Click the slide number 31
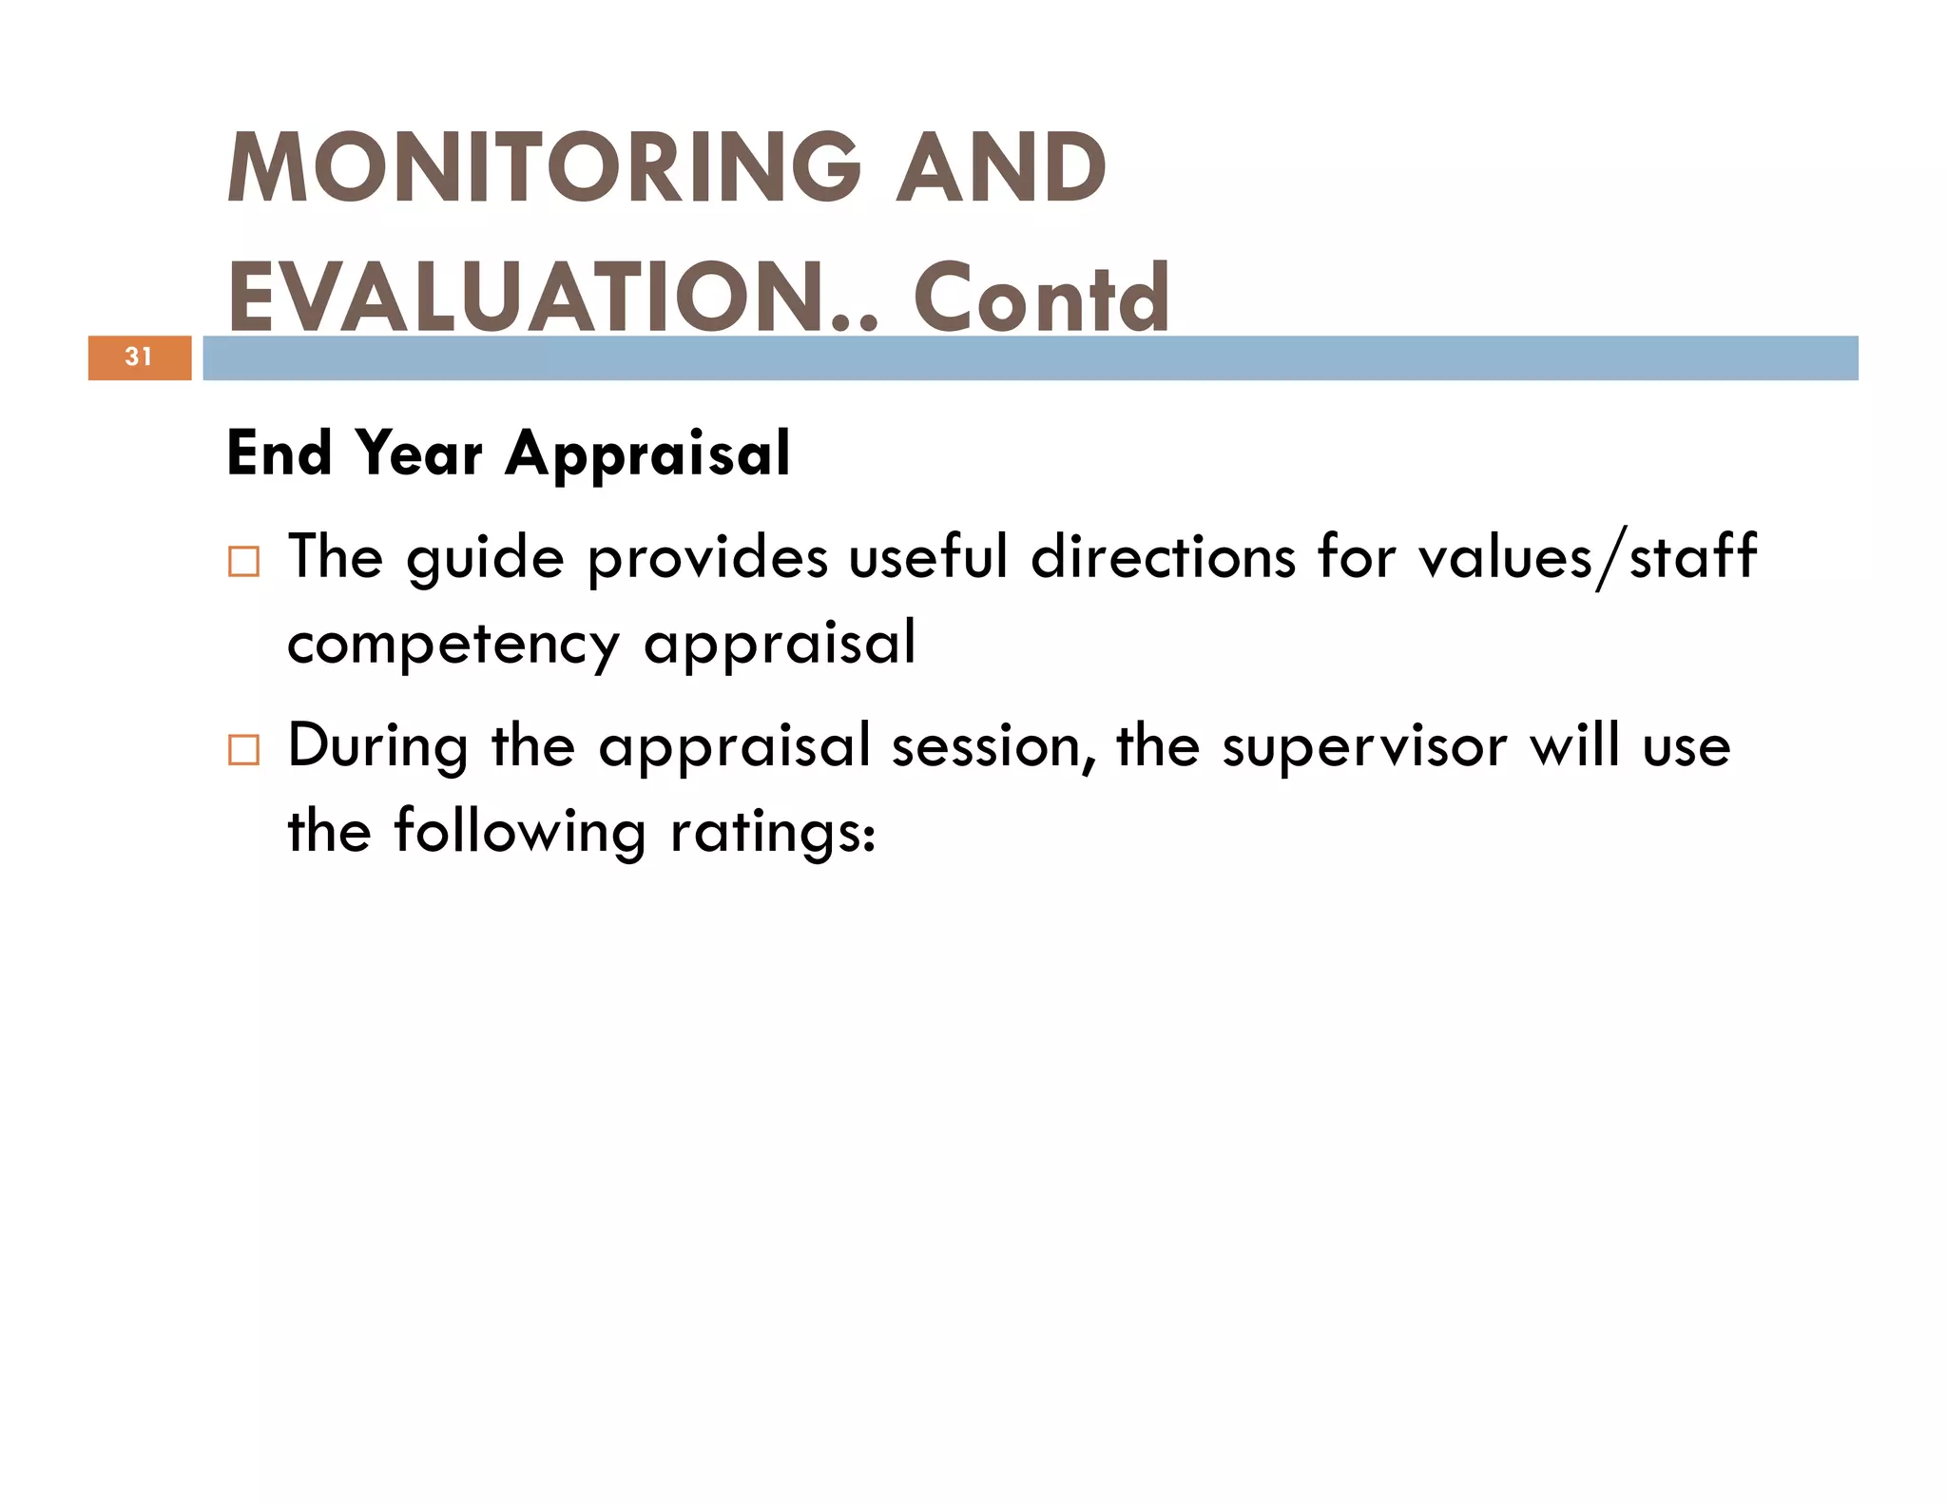pyautogui.click(x=139, y=357)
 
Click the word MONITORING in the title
pyautogui.click(x=544, y=168)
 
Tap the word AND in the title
pyautogui.click(x=1001, y=168)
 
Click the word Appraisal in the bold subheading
pyautogui.click(x=647, y=453)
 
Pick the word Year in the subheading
pyautogui.click(x=419, y=453)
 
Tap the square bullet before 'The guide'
pyautogui.click(x=243, y=561)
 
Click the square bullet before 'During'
pyautogui.click(x=243, y=749)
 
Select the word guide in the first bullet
pyautogui.click(x=485, y=558)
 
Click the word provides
pyautogui.click(x=707, y=558)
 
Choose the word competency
pyautogui.click(x=453, y=646)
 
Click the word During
pyautogui.click(x=377, y=746)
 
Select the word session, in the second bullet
pyautogui.click(x=993, y=746)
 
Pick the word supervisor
pyautogui.click(x=1364, y=748)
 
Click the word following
pyautogui.click(x=520, y=832)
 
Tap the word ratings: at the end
pyautogui.click(x=772, y=834)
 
